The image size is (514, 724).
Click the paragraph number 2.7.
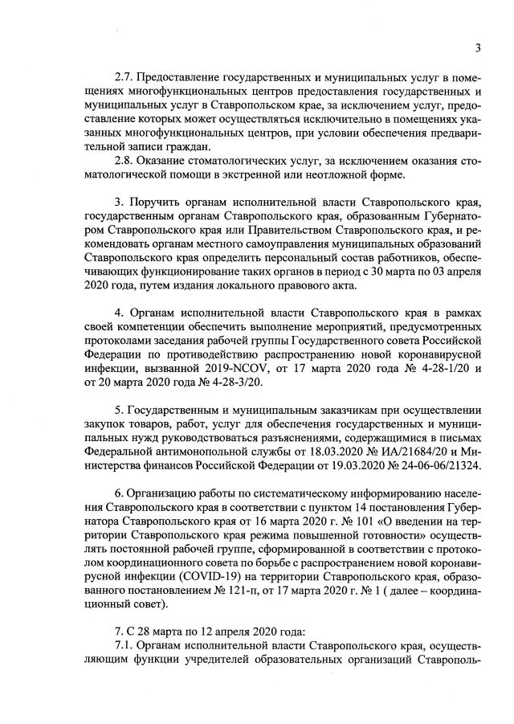click(x=124, y=77)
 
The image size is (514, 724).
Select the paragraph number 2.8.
click(x=124, y=161)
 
